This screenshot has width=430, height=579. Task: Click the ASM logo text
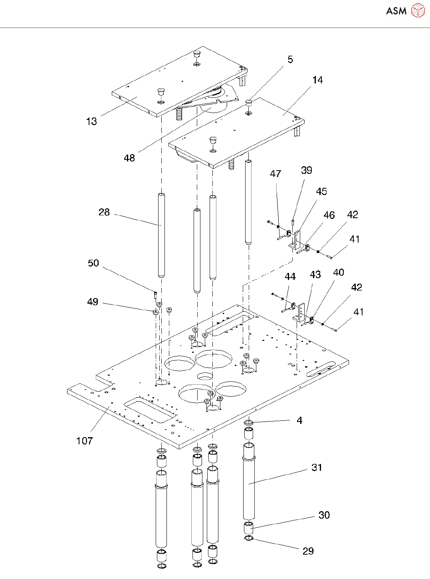396,11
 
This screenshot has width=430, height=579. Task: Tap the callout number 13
91,121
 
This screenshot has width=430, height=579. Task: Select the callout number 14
318,80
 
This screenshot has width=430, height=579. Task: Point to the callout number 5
290,60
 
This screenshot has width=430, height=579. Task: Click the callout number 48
129,158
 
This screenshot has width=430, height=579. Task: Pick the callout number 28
104,212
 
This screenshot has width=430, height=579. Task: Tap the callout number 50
93,263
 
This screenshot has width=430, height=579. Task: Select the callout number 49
93,302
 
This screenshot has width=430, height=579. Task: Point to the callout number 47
275,174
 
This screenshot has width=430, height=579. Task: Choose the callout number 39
307,171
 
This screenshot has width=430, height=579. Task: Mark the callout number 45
321,192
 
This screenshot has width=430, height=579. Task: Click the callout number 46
329,215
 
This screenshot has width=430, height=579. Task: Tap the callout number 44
290,277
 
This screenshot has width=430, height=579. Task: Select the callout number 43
315,275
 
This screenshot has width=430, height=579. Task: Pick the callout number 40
339,273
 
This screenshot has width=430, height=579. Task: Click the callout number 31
317,468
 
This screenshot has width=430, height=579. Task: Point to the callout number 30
324,515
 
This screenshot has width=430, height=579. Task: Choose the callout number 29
308,551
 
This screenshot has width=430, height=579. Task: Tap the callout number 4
299,420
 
